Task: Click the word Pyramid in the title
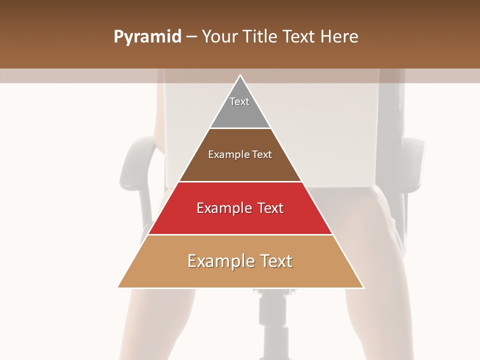click(147, 37)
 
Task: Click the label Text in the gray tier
click(239, 101)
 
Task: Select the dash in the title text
click(191, 37)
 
